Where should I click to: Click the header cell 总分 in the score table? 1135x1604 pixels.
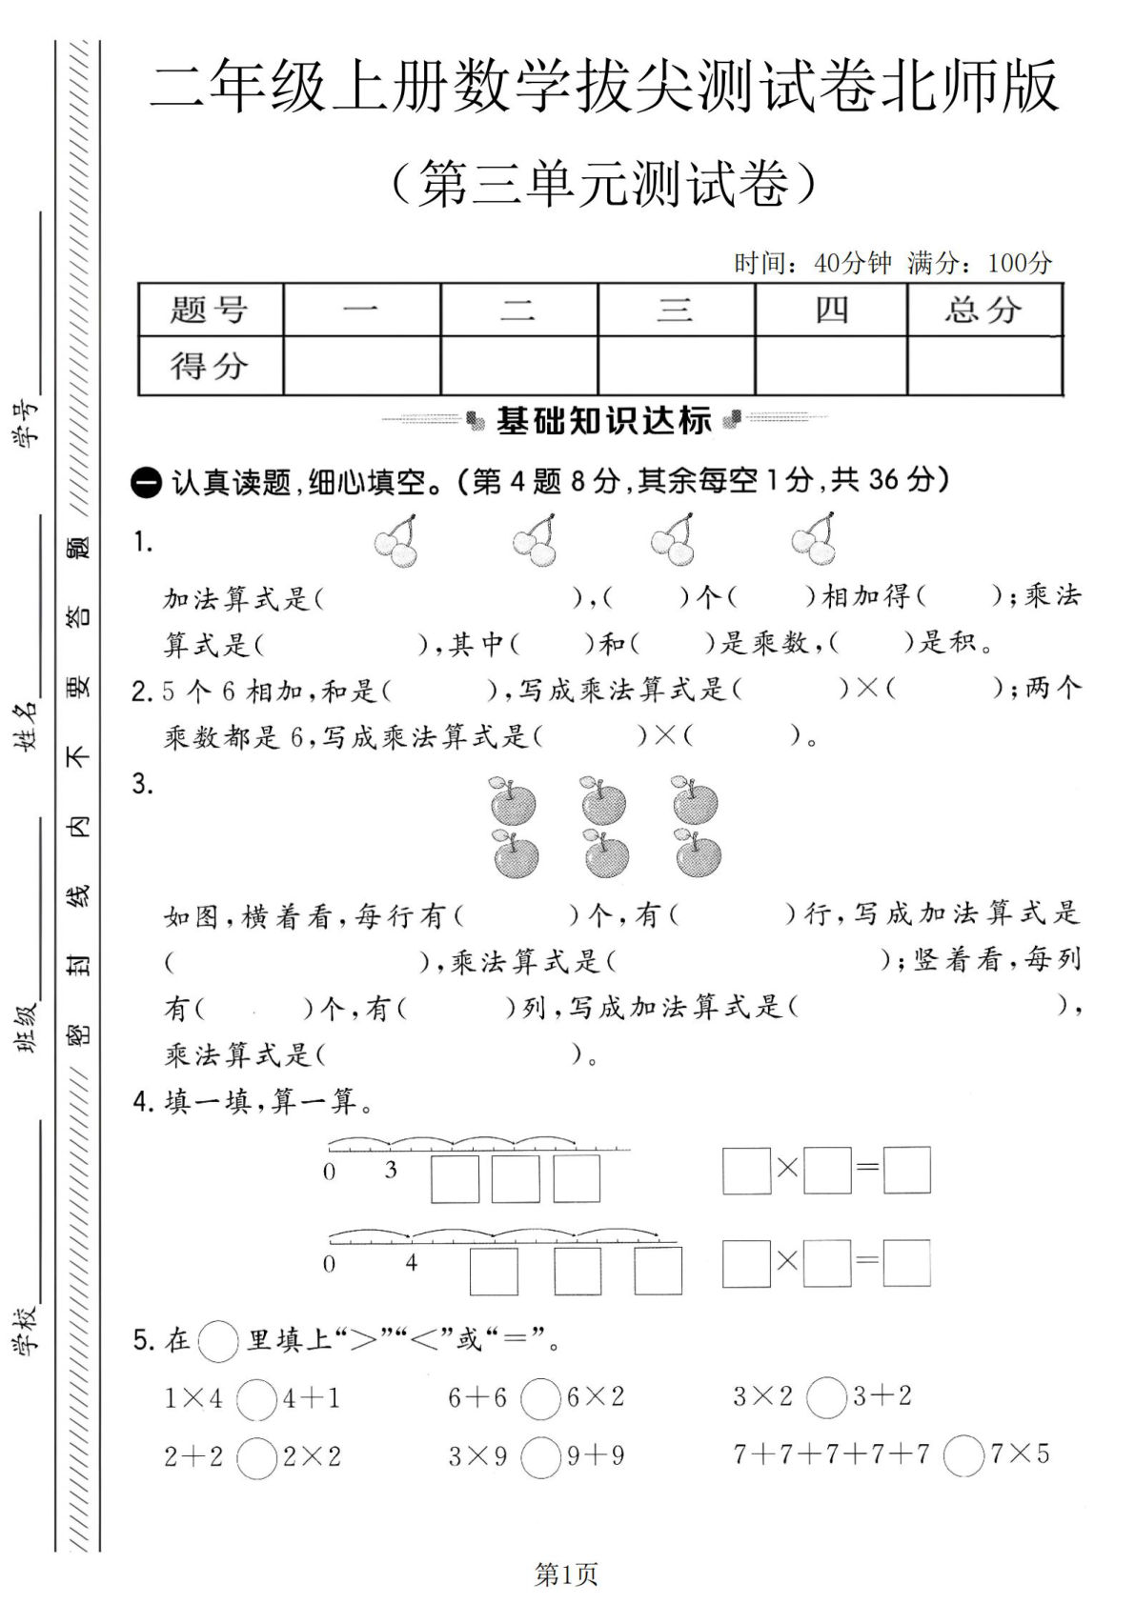point(983,310)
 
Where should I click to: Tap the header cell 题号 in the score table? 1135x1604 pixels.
point(210,310)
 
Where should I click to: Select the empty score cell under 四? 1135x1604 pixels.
point(830,365)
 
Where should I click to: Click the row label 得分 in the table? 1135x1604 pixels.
point(210,365)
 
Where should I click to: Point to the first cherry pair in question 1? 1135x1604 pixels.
point(396,540)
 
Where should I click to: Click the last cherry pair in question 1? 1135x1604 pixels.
point(815,539)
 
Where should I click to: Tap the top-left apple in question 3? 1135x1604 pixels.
point(512,800)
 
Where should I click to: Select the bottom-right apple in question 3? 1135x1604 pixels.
point(698,852)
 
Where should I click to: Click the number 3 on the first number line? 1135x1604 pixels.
point(391,1170)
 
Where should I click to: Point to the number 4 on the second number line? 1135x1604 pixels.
point(411,1263)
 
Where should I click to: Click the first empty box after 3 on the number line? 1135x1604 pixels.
point(455,1179)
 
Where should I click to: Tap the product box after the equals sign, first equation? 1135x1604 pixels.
point(906,1171)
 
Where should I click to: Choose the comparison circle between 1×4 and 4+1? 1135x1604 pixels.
point(256,1399)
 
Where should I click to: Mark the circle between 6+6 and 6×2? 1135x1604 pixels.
point(540,1398)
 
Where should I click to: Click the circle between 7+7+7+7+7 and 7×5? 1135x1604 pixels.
point(963,1456)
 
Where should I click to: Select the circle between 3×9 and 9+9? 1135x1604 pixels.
point(540,1457)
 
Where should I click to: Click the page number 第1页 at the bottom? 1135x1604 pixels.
point(567,1574)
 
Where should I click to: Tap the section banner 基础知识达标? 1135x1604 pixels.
point(604,420)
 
